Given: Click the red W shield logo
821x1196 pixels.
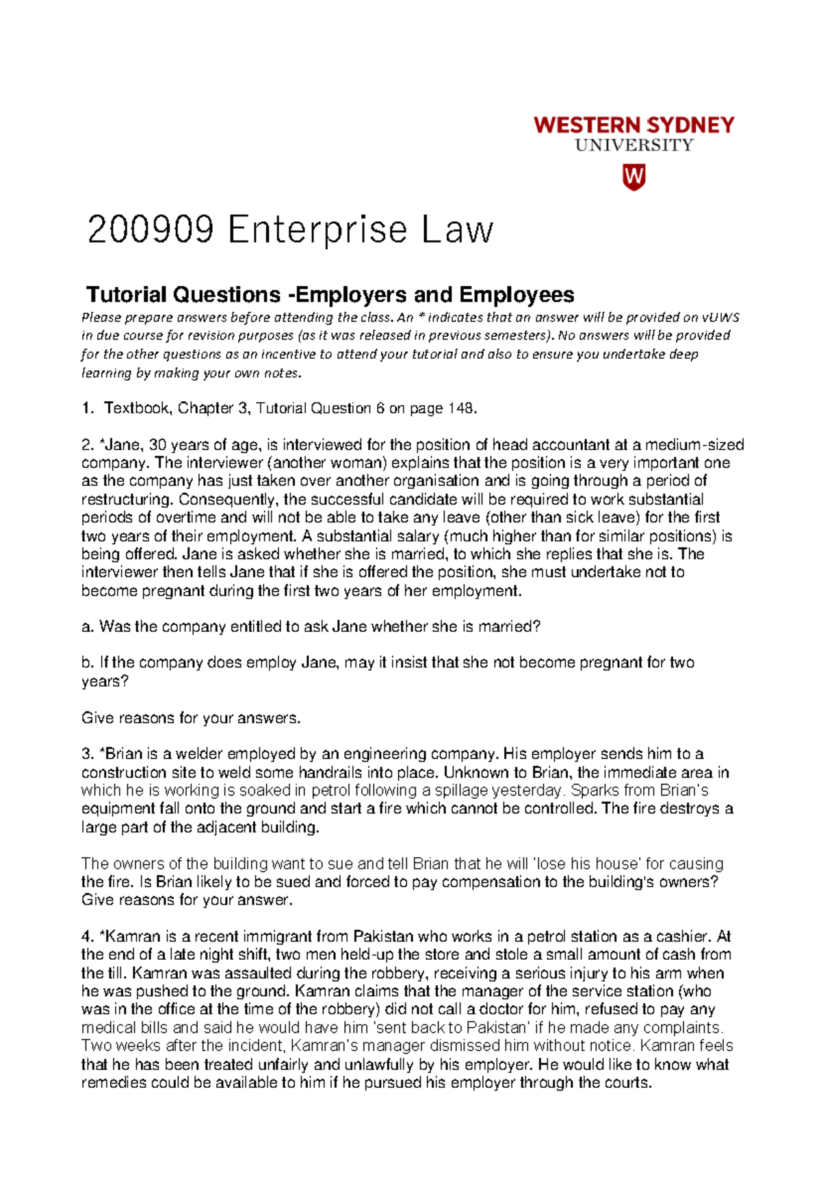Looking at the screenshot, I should [634, 177].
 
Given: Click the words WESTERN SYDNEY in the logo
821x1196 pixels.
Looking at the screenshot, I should [634, 125].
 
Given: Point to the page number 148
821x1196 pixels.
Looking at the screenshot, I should [460, 409].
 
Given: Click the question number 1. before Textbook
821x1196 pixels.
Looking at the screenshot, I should [87, 409].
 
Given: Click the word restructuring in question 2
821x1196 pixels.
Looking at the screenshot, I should [125, 499].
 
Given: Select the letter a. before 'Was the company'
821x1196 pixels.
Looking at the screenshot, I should [88, 627].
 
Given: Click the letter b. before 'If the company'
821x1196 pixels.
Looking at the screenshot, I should [88, 663].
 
